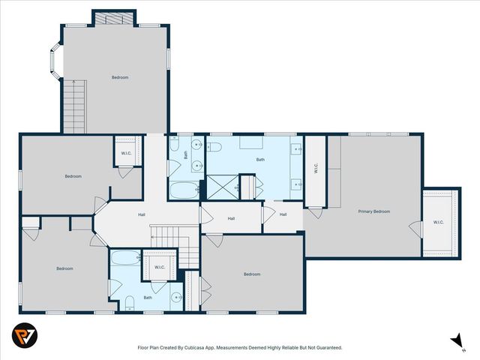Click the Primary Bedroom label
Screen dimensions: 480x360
[x=374, y=211]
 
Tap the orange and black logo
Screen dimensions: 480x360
[x=25, y=335]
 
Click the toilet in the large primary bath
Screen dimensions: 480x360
[x=214, y=147]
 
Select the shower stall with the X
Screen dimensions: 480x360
[x=223, y=187]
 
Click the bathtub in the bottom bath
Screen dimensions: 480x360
[x=126, y=258]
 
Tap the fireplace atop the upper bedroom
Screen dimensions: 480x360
[x=114, y=19]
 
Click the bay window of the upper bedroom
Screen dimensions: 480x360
[x=56, y=61]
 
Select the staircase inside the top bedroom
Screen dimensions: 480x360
[x=75, y=106]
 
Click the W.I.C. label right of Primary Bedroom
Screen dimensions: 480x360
[x=438, y=222]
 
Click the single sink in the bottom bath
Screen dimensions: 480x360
[x=177, y=297]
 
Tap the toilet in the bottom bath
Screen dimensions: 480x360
[x=130, y=303]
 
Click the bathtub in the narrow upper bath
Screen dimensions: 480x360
[x=184, y=190]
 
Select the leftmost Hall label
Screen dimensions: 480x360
[x=142, y=215]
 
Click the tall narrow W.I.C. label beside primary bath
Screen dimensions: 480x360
[x=316, y=168]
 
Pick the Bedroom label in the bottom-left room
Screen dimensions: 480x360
[x=65, y=268]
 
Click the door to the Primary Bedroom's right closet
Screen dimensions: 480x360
[x=415, y=229]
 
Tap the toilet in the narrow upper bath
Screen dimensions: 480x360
[x=174, y=145]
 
